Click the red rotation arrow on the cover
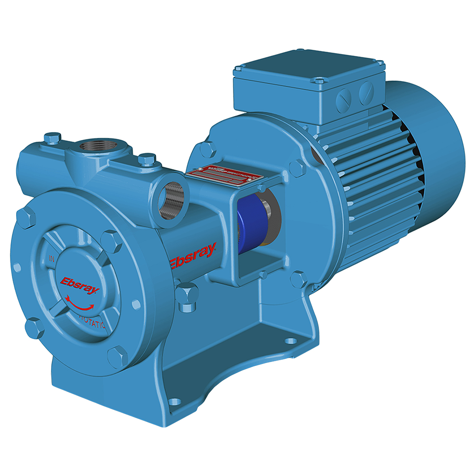pyautogui.click(x=77, y=301)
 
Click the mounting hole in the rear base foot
pyautogui.click(x=289, y=340)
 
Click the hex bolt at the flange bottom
pyautogui.click(x=116, y=355)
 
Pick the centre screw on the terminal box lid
pyautogui.click(x=320, y=81)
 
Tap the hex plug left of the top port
pyautogui.click(x=52, y=138)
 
